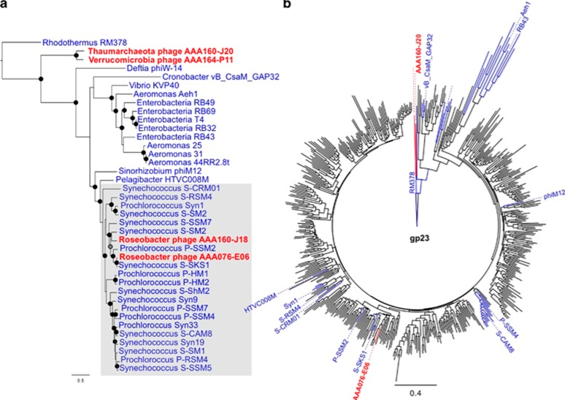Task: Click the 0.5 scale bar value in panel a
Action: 77,381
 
